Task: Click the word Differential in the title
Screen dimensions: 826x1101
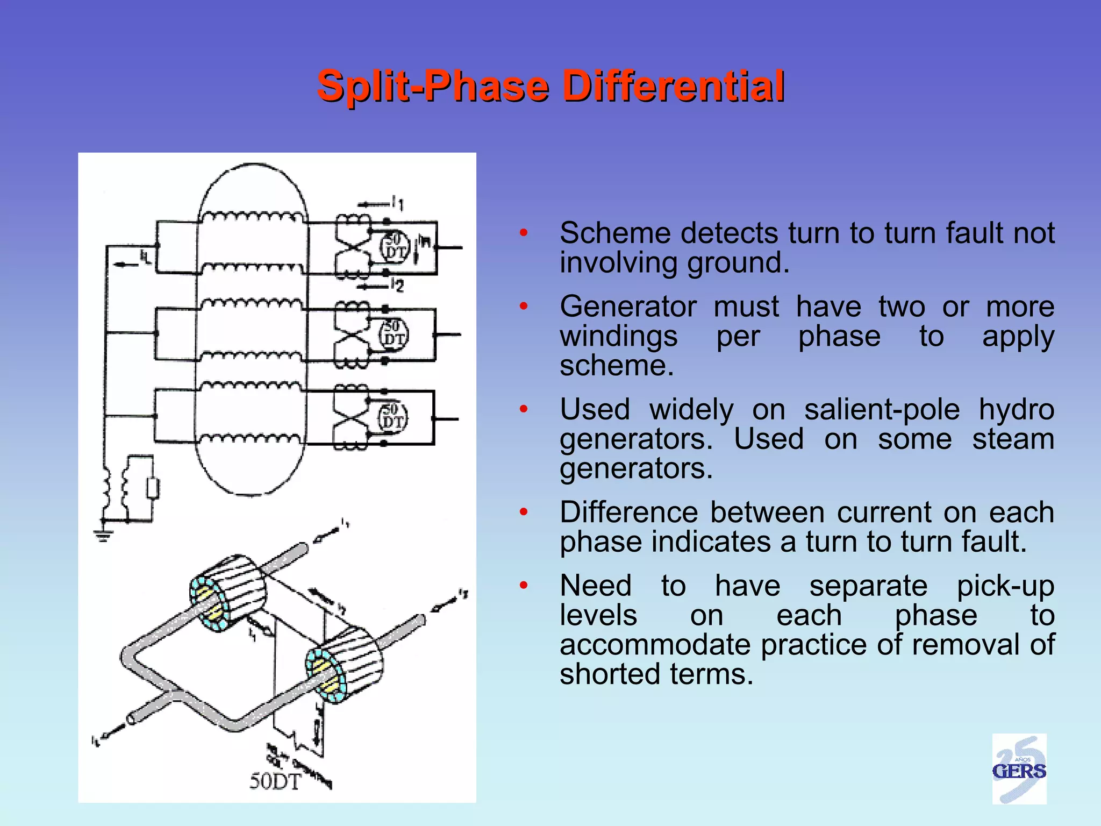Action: click(673, 86)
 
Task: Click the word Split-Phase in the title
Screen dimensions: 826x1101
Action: click(433, 86)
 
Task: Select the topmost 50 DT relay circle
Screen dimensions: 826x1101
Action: click(396, 246)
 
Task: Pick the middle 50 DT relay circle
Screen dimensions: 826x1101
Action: click(394, 333)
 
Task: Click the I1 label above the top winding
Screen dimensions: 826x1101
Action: click(398, 203)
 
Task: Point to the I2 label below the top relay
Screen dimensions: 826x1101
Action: click(397, 285)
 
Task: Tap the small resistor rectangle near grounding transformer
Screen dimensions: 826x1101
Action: click(153, 489)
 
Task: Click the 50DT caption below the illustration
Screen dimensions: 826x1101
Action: click(275, 781)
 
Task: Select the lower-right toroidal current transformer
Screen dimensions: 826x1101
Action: click(344, 665)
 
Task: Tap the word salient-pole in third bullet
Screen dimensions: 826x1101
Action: click(882, 410)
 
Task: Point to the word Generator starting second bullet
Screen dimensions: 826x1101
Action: click(628, 307)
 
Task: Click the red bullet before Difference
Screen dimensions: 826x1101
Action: click(524, 511)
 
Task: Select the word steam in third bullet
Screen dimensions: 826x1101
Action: click(1013, 439)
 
